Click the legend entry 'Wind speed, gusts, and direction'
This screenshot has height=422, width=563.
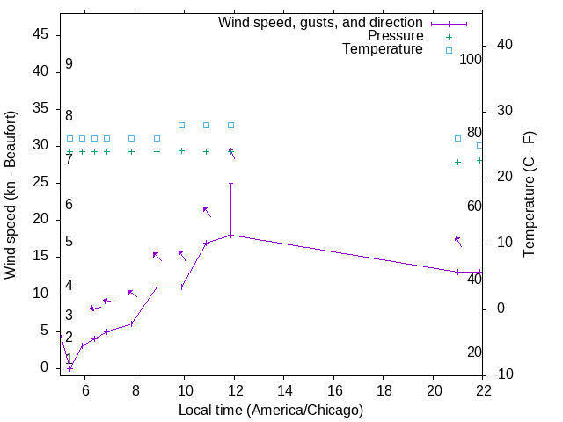pyautogui.click(x=321, y=22)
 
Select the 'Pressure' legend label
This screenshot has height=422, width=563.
pyautogui.click(x=395, y=36)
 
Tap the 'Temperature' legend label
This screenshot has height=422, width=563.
pyautogui.click(x=383, y=49)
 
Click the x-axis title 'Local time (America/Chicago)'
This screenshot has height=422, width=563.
pyautogui.click(x=271, y=411)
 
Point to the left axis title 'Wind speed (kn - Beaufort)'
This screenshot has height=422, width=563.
pyautogui.click(x=11, y=195)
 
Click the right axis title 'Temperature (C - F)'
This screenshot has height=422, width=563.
pyautogui.click(x=530, y=195)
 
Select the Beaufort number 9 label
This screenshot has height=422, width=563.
pyautogui.click(x=69, y=64)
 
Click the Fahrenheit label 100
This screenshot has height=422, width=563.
pyautogui.click(x=472, y=60)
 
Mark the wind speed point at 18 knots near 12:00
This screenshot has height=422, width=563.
pyautogui.click(x=230, y=235)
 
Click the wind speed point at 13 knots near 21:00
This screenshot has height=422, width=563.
pyautogui.click(x=458, y=272)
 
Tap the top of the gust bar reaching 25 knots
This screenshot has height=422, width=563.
pyautogui.click(x=230, y=183)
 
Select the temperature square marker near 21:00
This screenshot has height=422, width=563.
pyautogui.click(x=458, y=138)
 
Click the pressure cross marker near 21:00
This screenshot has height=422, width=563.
pyautogui.click(x=458, y=162)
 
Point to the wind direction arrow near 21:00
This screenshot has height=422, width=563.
pyautogui.click(x=457, y=241)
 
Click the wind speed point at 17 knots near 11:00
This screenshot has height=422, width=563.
pyautogui.click(x=206, y=243)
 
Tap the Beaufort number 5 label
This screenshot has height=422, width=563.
pyautogui.click(x=69, y=242)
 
